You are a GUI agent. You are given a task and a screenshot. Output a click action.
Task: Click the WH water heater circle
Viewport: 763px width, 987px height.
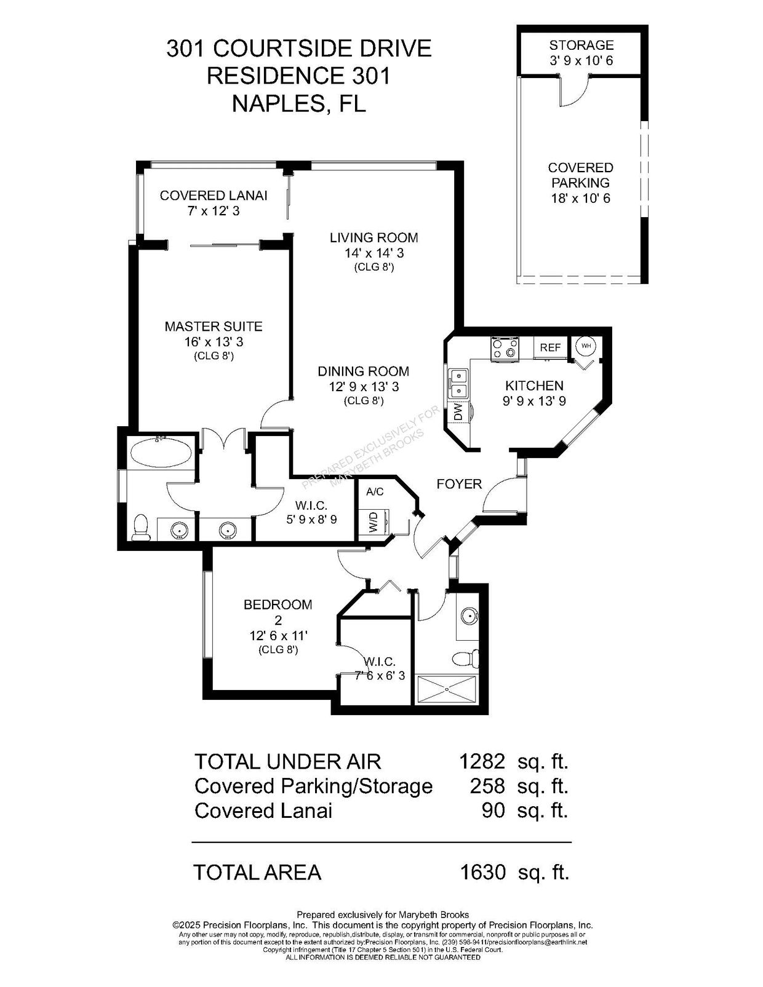[586, 346]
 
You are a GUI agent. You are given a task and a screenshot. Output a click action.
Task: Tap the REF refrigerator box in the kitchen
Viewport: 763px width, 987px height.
[550, 347]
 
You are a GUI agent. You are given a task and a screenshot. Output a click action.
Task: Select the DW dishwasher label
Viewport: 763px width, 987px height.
[458, 413]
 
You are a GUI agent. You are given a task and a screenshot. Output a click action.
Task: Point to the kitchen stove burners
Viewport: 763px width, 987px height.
[505, 349]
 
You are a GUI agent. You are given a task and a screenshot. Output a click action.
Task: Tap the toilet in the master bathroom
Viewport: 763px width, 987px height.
[142, 528]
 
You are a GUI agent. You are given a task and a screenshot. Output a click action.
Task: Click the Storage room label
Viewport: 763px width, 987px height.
[581, 45]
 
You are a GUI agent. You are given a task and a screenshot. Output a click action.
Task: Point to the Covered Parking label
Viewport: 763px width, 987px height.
[581, 175]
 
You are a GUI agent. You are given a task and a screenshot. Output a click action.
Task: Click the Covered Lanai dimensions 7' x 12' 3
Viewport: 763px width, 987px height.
[214, 211]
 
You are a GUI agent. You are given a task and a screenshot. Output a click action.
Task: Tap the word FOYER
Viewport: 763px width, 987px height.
[459, 484]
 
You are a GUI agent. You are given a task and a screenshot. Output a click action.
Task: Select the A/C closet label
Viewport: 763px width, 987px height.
[375, 491]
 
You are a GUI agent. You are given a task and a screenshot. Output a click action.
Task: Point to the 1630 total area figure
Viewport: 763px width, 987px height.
[482, 872]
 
